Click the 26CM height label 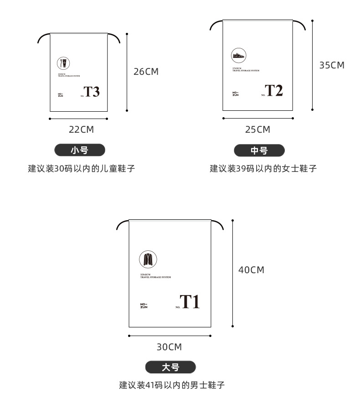tap(146, 72)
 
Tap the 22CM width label tap(81, 129)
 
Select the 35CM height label tap(331, 65)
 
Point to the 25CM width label tap(257, 129)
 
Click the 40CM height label tap(251, 270)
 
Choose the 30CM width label tap(169, 347)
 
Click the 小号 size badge tap(80, 150)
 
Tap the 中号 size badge tap(259, 150)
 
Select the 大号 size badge tap(170, 367)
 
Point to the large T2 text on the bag tap(274, 90)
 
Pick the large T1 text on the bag tap(189, 301)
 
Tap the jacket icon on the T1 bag tap(148, 259)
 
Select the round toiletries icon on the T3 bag tap(63, 63)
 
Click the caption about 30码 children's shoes tap(82, 168)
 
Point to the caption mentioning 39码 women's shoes tap(263, 169)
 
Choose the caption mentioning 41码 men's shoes tap(172, 385)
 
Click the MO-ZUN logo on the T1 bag tap(144, 306)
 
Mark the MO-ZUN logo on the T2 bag tap(235, 94)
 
